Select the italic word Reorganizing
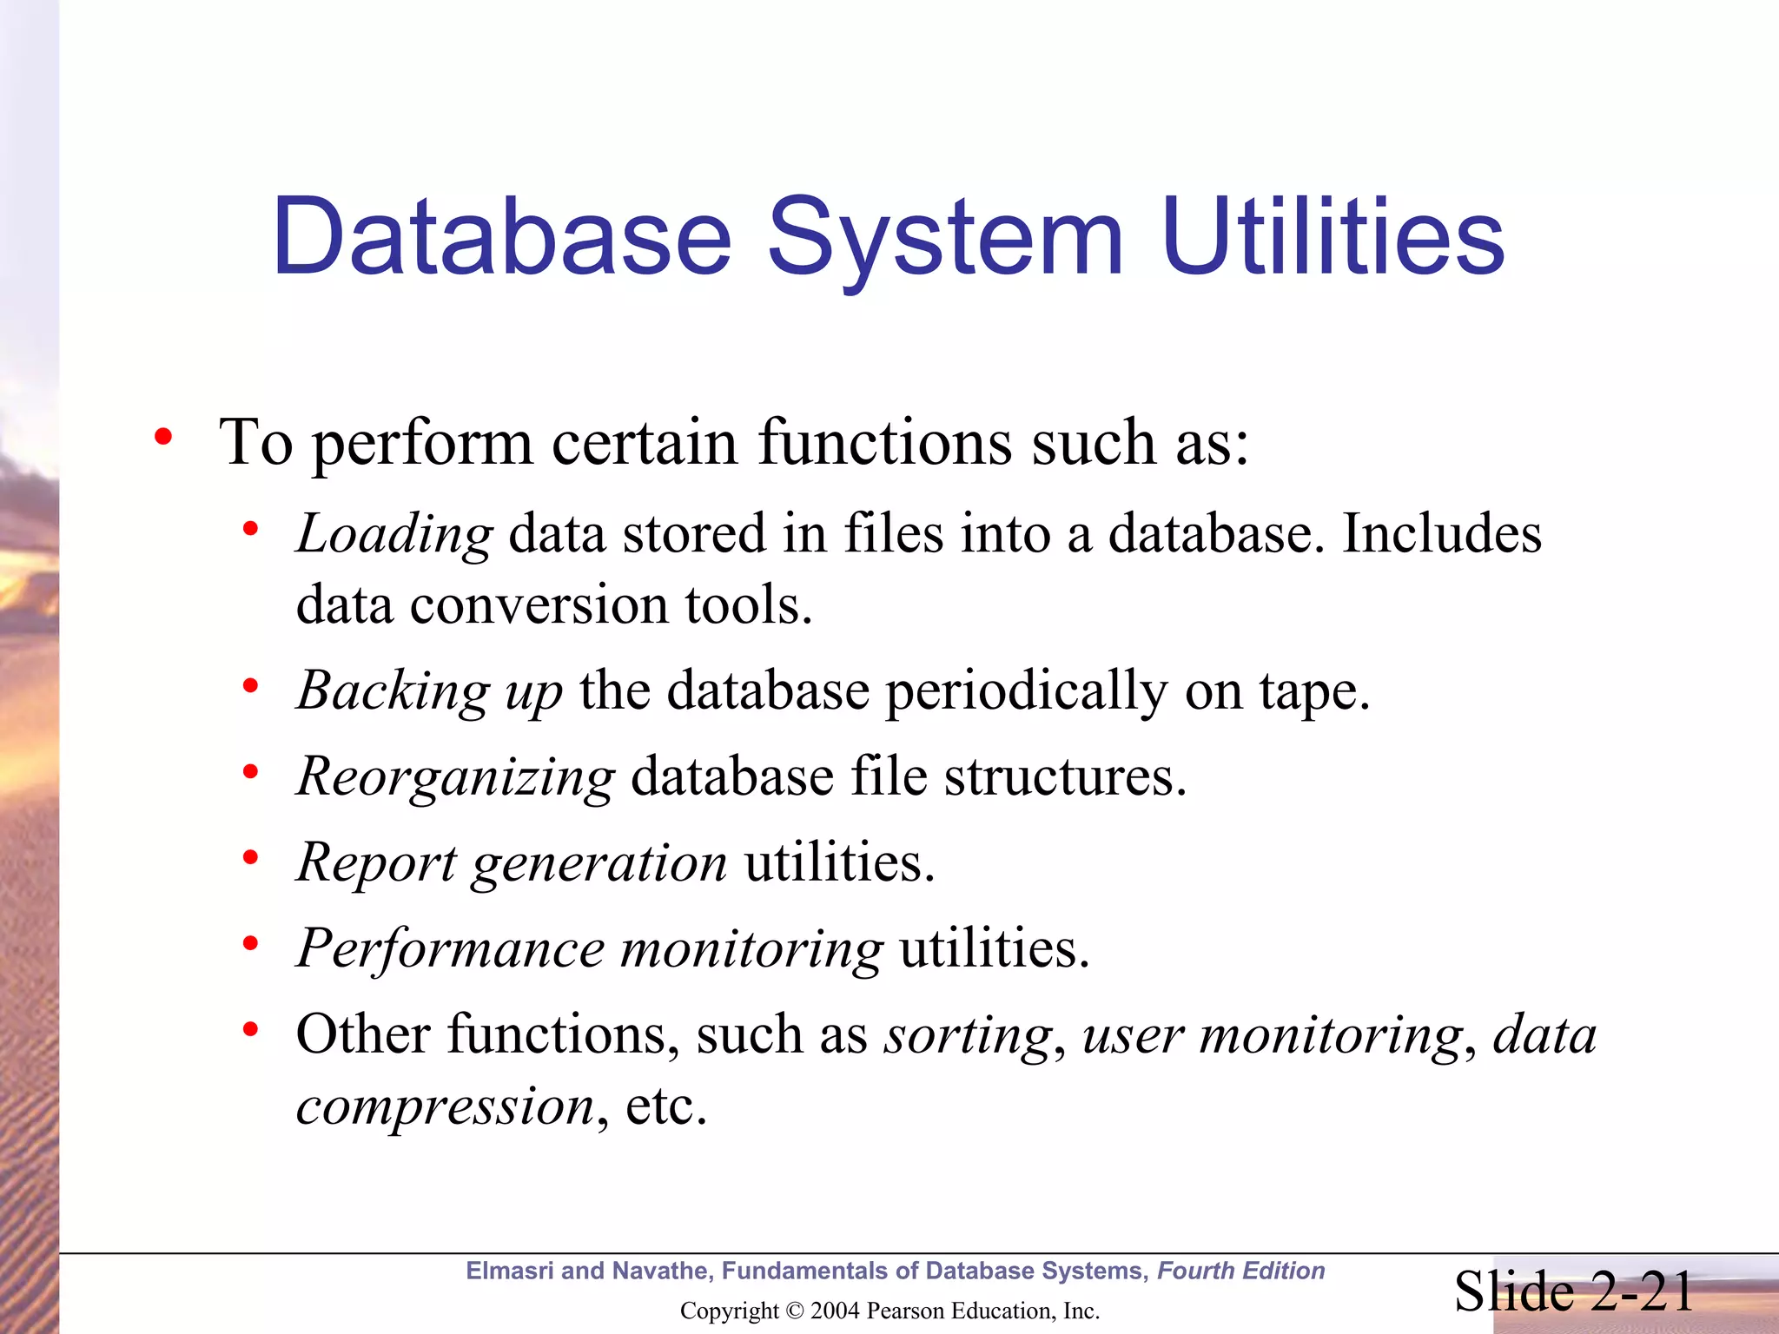[456, 776]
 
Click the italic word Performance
[450, 948]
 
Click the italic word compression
[446, 1106]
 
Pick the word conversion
[539, 604]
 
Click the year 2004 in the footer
[835, 1311]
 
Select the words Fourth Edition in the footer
[1240, 1271]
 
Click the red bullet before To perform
[163, 437]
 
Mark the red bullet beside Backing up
[251, 687]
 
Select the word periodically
[1027, 692]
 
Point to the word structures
[1065, 776]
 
